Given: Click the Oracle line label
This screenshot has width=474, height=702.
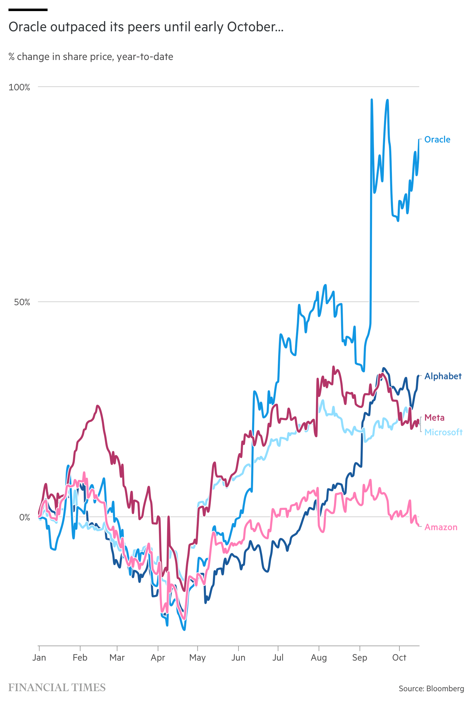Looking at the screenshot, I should coord(437,140).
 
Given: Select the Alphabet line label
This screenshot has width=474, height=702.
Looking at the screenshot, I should coord(443,376).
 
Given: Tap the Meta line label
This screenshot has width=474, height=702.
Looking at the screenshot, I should coord(434,418).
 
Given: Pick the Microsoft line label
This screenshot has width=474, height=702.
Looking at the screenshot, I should coord(443,432).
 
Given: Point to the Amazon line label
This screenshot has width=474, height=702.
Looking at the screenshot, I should coord(441,527).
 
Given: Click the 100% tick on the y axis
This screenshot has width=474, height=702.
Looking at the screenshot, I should coord(19,87).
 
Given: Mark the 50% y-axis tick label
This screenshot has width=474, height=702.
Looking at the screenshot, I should coord(22,302).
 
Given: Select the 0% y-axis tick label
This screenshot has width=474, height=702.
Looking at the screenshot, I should coord(24,517).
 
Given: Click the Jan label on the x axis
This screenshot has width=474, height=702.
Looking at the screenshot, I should coord(39,658).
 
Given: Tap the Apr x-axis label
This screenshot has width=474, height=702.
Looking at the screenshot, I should coord(158,658).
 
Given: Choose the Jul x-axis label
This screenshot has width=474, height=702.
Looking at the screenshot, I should coord(278,658).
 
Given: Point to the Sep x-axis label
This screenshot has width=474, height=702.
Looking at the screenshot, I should coord(360,658).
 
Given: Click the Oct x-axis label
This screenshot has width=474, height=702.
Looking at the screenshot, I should coord(399,658).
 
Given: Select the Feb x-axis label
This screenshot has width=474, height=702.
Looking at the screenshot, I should coord(80,658).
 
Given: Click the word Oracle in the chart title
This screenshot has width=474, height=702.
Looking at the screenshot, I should coord(28,27).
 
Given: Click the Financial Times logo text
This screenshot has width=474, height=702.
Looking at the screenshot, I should coord(57,688).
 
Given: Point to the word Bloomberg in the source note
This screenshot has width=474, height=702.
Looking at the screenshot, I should coord(445,689).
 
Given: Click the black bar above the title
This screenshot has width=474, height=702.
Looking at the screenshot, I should coord(28,10).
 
